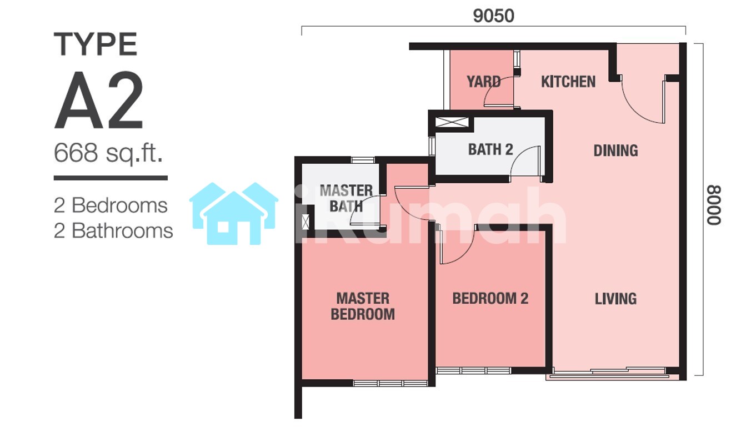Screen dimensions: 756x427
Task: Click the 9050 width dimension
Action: tap(493, 16)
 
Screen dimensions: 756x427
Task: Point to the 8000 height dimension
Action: tap(714, 205)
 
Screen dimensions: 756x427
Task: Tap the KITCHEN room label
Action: tap(568, 82)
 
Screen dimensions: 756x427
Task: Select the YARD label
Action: tap(484, 82)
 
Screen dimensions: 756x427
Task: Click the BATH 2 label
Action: tap(490, 149)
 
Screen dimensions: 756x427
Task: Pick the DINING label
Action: tap(615, 151)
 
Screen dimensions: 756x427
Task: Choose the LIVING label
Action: tap(615, 299)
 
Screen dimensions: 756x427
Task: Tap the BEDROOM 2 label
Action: tap(490, 299)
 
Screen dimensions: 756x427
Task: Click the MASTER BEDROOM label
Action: tap(363, 307)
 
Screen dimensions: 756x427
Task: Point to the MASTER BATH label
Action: tap(346, 198)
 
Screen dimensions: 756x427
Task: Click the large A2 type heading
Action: tap(99, 100)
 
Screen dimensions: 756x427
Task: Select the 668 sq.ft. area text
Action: tap(108, 153)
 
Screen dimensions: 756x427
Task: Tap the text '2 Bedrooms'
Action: tap(111, 205)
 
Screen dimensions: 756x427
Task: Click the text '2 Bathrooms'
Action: tap(113, 230)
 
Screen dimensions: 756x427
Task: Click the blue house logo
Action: tap(233, 213)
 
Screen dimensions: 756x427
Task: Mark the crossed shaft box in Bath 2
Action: tap(452, 122)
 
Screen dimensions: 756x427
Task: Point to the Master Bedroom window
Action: tap(390, 384)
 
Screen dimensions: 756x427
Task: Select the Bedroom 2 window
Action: tap(473, 371)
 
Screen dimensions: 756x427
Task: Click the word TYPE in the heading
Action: tap(96, 44)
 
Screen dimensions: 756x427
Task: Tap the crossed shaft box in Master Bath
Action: tap(306, 222)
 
